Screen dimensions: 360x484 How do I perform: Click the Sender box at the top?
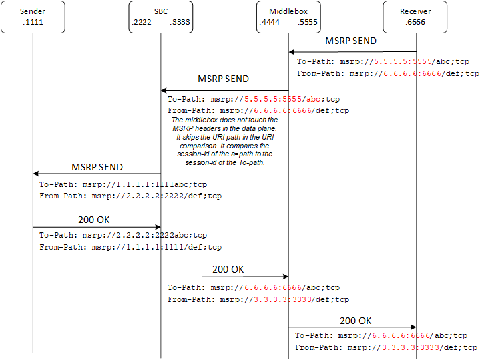pos(32,17)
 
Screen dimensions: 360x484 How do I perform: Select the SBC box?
pos(160,17)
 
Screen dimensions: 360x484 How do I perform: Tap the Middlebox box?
pos(288,17)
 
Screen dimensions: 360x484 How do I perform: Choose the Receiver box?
pos(416,17)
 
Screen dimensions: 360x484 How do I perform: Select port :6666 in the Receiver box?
pos(415,22)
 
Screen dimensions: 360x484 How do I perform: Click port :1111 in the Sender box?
pos(32,22)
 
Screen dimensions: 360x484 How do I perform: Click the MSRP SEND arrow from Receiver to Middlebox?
pos(352,51)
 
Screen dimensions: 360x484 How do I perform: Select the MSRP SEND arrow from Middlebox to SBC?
pos(224,90)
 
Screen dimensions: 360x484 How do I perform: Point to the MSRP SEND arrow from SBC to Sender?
pos(97,174)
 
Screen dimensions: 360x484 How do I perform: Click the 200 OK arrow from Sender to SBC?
pos(97,227)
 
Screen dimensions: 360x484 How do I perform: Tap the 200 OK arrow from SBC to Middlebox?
pos(224,276)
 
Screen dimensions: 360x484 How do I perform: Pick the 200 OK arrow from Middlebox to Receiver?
pos(352,327)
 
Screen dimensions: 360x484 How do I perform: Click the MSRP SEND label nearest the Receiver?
pos(350,41)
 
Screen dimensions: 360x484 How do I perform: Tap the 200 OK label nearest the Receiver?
pos(356,321)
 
